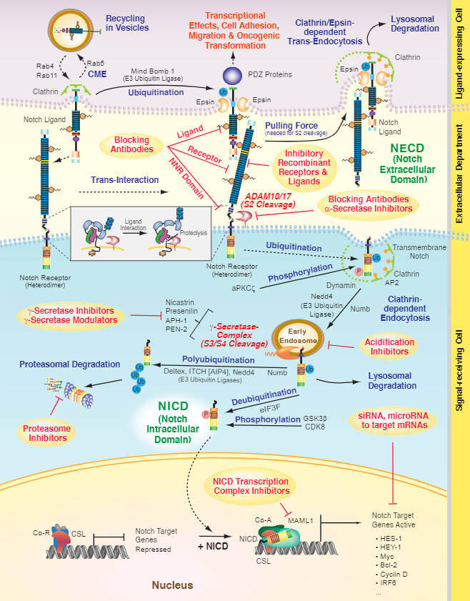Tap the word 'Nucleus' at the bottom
click(171, 585)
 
